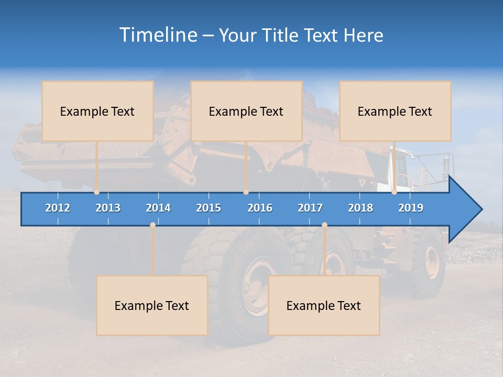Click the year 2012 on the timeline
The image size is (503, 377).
coord(58,208)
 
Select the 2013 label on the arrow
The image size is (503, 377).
coord(108,208)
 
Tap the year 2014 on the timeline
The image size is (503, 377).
coord(158,208)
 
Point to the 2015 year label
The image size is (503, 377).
coord(209,208)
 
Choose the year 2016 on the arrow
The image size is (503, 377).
coord(260,208)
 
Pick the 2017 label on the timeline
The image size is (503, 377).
coord(310,208)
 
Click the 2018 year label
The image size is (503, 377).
coord(360,208)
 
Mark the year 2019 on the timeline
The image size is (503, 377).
coord(411,208)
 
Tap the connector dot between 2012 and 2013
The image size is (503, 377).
coord(96,192)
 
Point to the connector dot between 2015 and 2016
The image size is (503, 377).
coord(246,192)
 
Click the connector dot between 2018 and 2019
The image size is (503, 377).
coord(394,192)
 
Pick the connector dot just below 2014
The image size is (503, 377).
coord(152,225)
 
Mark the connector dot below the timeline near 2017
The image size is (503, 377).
coord(324,225)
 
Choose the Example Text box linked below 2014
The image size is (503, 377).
coord(152,305)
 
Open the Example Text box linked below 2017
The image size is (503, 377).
coord(324,305)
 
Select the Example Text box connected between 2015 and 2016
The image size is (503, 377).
coord(246,111)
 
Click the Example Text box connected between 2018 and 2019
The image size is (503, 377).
coord(395,111)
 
